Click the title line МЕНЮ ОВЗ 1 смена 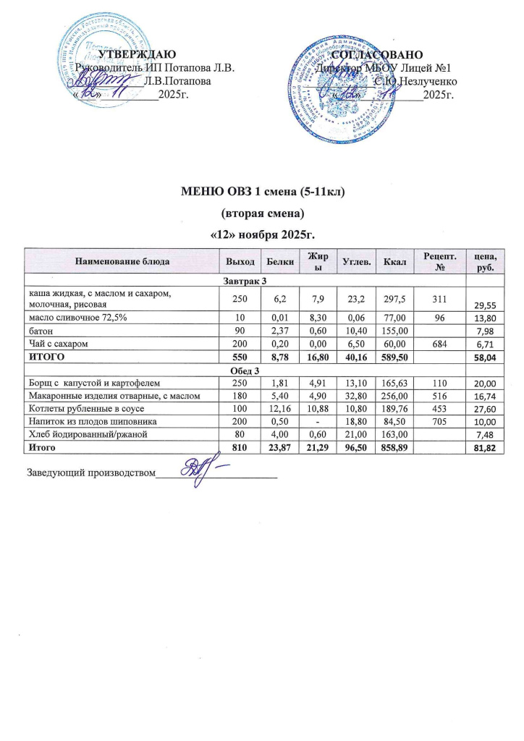[262, 192]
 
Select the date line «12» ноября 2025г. [262, 235]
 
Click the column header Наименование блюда [122, 261]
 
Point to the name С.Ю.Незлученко [415, 81]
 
